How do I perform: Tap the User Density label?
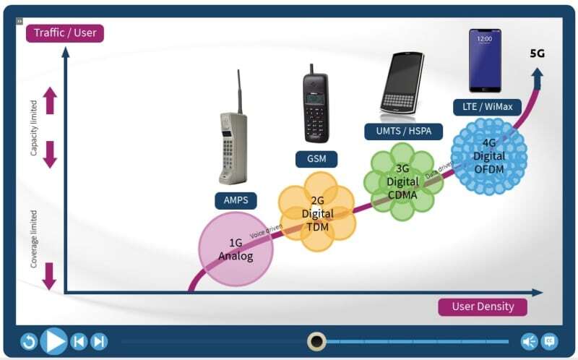(x=482, y=307)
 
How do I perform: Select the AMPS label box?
(x=236, y=200)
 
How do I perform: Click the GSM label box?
(x=316, y=158)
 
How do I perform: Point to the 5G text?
(x=538, y=53)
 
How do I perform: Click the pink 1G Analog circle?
(x=236, y=249)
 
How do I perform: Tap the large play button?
(x=53, y=340)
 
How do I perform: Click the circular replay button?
(x=28, y=341)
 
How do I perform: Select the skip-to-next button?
(x=100, y=341)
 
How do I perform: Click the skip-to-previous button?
(x=79, y=341)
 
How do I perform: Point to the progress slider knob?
(x=316, y=341)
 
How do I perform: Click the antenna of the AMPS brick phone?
(x=238, y=90)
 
